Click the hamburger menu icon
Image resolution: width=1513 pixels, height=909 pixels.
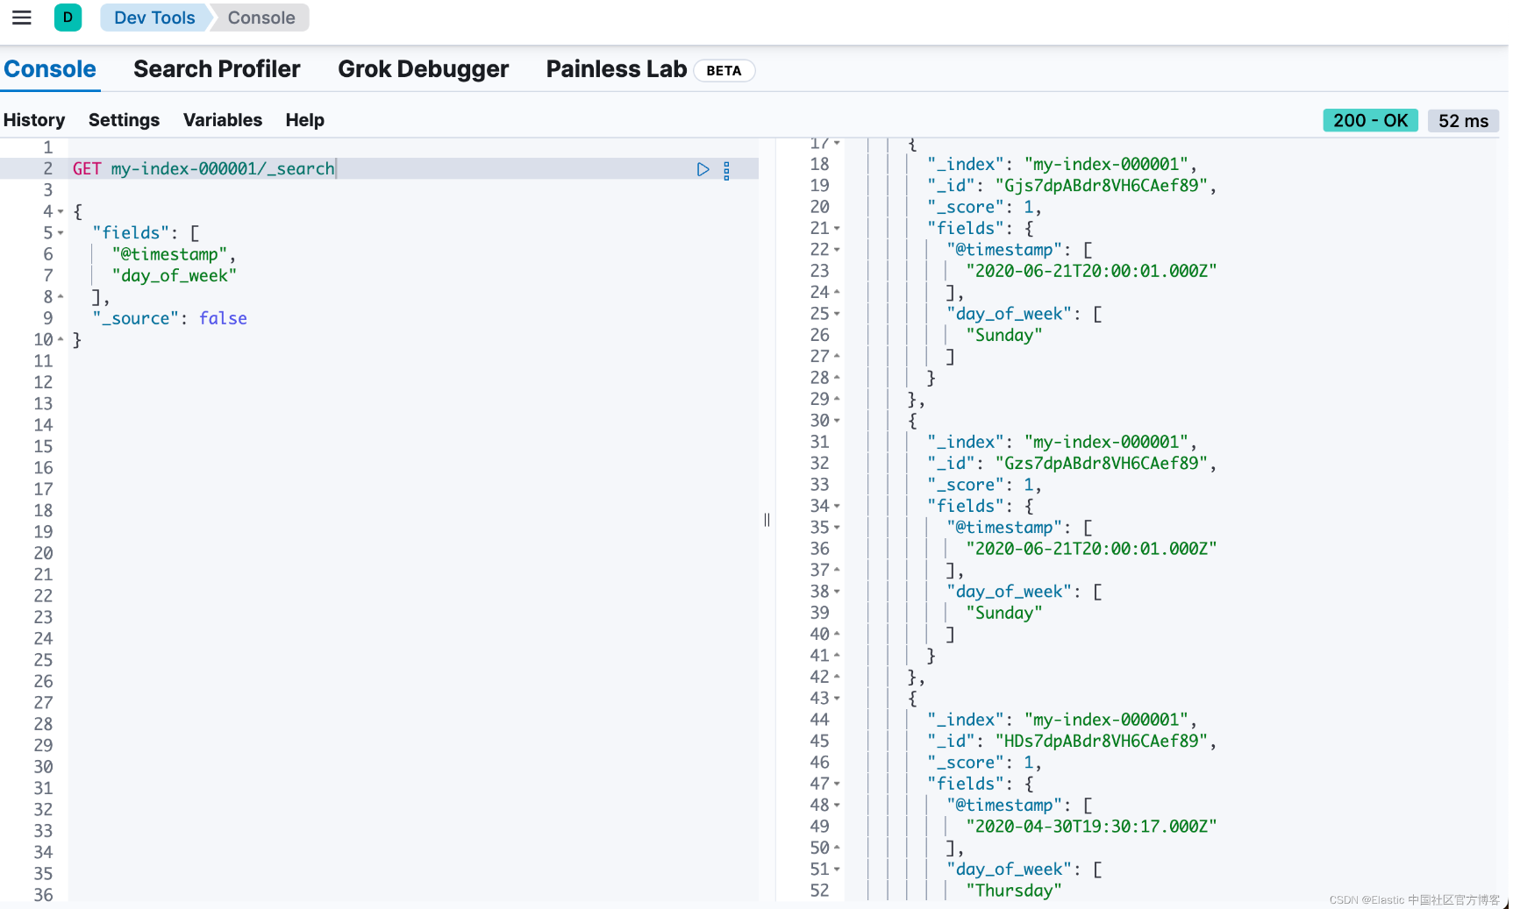[x=22, y=18]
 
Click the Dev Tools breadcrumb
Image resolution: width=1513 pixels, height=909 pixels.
[x=154, y=18]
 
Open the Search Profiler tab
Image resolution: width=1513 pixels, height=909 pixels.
[x=217, y=69]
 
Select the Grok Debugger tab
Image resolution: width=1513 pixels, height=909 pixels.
[x=423, y=69]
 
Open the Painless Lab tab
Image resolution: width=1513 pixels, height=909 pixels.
[x=617, y=69]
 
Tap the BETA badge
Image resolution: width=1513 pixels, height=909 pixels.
[x=724, y=71]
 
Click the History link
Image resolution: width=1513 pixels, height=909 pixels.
[x=34, y=120]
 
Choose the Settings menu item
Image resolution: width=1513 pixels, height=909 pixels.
[x=124, y=120]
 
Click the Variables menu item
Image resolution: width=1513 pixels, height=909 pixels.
[x=223, y=120]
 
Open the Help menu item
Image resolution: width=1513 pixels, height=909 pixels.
[x=305, y=120]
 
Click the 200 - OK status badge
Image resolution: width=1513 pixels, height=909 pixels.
[x=1370, y=121]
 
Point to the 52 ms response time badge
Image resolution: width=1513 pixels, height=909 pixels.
[x=1463, y=121]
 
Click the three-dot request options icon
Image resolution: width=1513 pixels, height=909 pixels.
[x=726, y=170]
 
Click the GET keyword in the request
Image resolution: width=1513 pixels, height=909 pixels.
[x=87, y=168]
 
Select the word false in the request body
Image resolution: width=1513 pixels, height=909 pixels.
[x=223, y=318]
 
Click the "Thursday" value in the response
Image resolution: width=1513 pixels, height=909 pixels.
[x=1014, y=891]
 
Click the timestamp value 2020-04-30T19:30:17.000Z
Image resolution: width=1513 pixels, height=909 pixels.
[x=1091, y=827]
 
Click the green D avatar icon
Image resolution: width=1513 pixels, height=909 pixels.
[x=68, y=18]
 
